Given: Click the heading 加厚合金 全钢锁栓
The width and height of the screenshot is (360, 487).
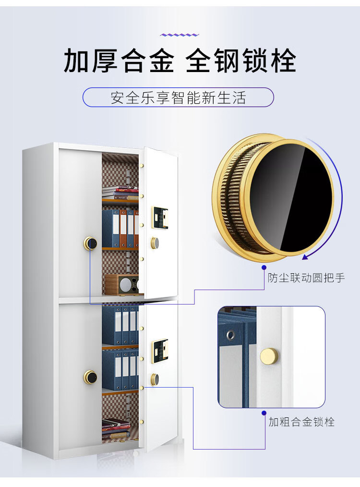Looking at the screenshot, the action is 180,61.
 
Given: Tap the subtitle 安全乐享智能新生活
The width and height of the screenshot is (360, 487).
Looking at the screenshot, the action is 178,97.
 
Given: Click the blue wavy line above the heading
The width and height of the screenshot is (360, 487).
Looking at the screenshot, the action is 180,35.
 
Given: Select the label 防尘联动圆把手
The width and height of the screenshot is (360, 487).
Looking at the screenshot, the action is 306,278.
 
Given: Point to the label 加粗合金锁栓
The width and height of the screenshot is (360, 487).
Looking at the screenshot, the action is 301,422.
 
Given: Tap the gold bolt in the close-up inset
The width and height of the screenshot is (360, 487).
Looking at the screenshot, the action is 269,356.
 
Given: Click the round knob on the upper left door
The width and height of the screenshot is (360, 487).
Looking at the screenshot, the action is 90,243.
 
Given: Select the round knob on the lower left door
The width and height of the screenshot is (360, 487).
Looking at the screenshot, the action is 90,377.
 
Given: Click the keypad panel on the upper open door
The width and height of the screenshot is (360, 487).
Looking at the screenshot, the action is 160,218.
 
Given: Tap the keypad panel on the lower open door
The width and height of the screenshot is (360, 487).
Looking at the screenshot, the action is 160,352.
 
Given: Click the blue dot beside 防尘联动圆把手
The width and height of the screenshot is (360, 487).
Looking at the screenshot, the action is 264,267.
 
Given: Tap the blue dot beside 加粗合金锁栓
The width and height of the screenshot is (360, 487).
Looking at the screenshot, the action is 264,413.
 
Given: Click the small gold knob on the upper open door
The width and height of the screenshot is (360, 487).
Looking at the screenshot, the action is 155,243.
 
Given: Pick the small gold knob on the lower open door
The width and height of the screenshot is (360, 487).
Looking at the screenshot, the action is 155,379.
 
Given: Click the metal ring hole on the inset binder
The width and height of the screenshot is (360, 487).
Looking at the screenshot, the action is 231,334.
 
